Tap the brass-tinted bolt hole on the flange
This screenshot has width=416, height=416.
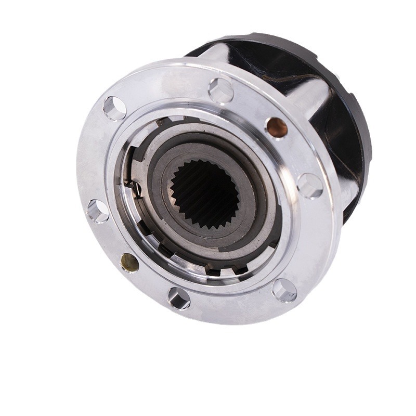click(x=129, y=262)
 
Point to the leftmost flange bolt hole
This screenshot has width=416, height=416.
click(x=98, y=211)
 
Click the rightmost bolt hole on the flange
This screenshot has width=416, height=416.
click(x=310, y=186)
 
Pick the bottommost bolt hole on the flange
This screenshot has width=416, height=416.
click(x=178, y=298)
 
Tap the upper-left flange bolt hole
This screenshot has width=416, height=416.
click(x=115, y=108)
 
